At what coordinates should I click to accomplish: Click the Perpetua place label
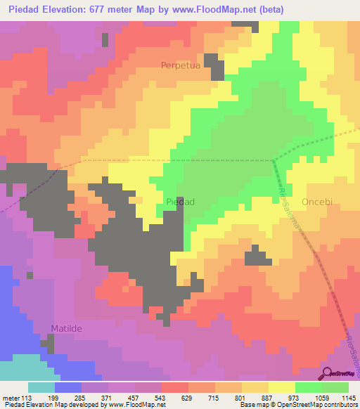[182, 65]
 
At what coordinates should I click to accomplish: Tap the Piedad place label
[180, 202]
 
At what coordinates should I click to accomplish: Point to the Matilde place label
[67, 328]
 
